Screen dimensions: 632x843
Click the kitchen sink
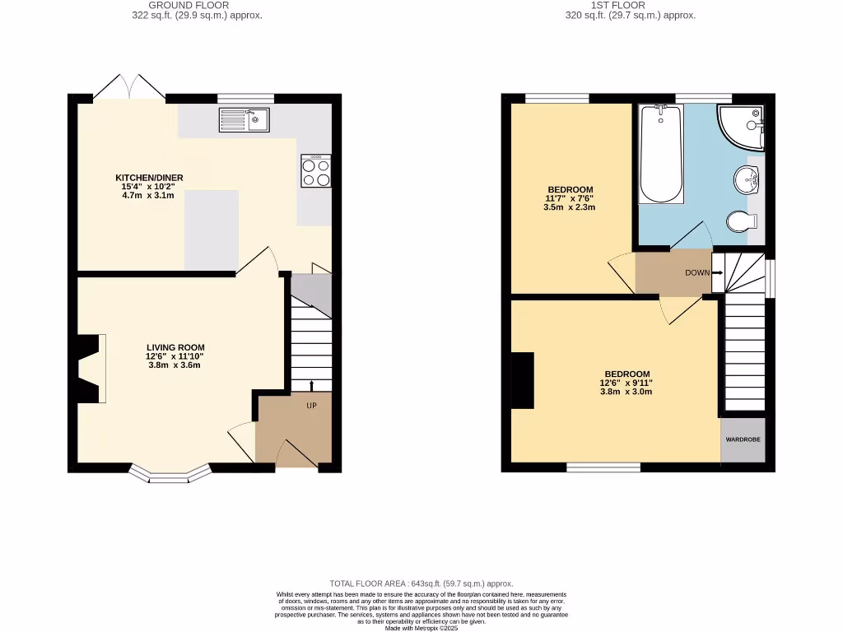click(x=245, y=120)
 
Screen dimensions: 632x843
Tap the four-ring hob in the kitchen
click(x=316, y=171)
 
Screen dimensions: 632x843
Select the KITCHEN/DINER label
click(x=149, y=178)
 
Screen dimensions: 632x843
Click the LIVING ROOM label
click(x=175, y=347)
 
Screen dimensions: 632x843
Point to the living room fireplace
click(x=91, y=369)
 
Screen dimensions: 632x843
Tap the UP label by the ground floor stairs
click(x=312, y=406)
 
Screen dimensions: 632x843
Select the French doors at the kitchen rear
click(x=128, y=87)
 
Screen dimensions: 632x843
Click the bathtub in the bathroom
click(x=661, y=154)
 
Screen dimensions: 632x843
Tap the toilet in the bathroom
click(x=742, y=221)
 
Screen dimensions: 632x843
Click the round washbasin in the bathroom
click(x=748, y=178)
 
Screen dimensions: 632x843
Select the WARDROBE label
click(x=743, y=440)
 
